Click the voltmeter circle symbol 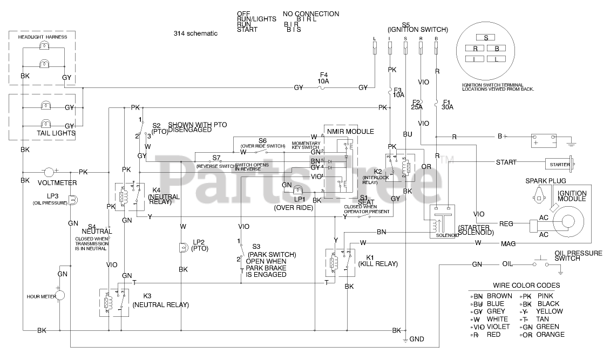click(x=49, y=172)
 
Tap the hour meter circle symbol click(x=61, y=296)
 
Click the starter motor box click(x=560, y=163)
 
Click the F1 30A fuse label click(x=446, y=104)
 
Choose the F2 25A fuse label click(x=416, y=104)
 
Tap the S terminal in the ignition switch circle click(x=486, y=38)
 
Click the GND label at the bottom click(x=417, y=339)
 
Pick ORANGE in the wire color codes click(x=550, y=335)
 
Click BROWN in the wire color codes click(x=499, y=296)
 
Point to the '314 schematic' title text click(x=195, y=33)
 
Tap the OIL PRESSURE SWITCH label click(x=574, y=255)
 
